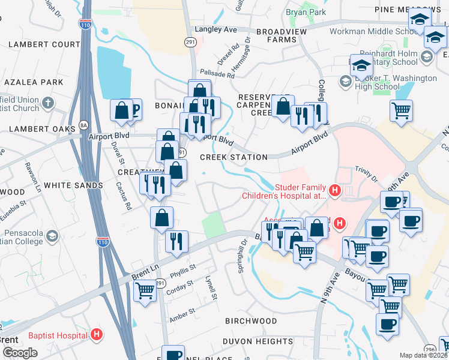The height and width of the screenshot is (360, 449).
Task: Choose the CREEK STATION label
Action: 234,157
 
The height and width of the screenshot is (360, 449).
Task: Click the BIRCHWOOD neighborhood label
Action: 251,321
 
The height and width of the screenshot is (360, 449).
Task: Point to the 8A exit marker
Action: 83,125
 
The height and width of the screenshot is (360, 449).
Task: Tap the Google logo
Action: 19,353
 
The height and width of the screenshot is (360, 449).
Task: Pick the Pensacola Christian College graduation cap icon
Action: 52,235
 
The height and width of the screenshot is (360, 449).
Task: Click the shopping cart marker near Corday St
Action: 145,291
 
